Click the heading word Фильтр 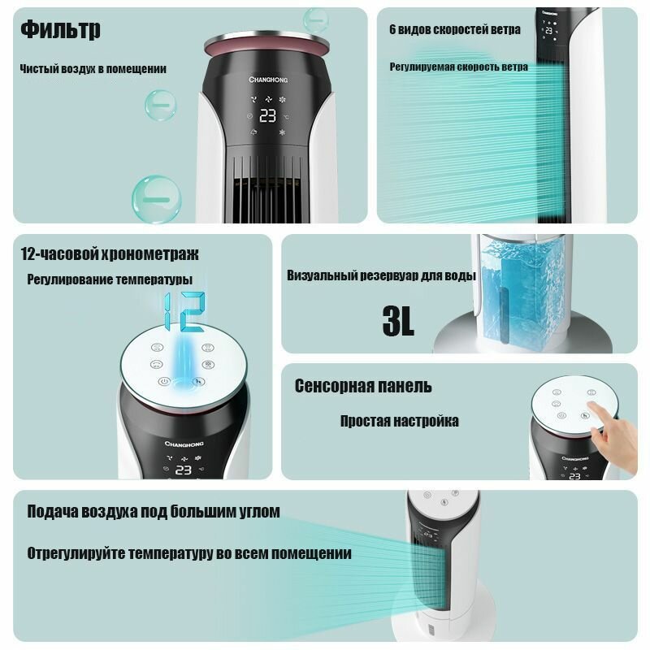(60, 30)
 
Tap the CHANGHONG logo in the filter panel (268, 79)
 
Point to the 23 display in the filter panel (268, 115)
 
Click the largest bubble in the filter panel (157, 199)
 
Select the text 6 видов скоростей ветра (455, 29)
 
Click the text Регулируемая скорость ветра (459, 67)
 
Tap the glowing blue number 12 (184, 311)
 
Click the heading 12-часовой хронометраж (110, 253)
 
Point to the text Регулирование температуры (110, 279)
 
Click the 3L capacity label (398, 321)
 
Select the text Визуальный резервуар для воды (381, 275)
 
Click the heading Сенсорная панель (363, 386)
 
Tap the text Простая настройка (400, 421)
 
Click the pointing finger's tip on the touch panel (591, 405)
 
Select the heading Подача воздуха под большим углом (154, 512)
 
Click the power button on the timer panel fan (164, 381)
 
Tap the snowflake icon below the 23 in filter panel (282, 132)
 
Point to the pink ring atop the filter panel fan (266, 45)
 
